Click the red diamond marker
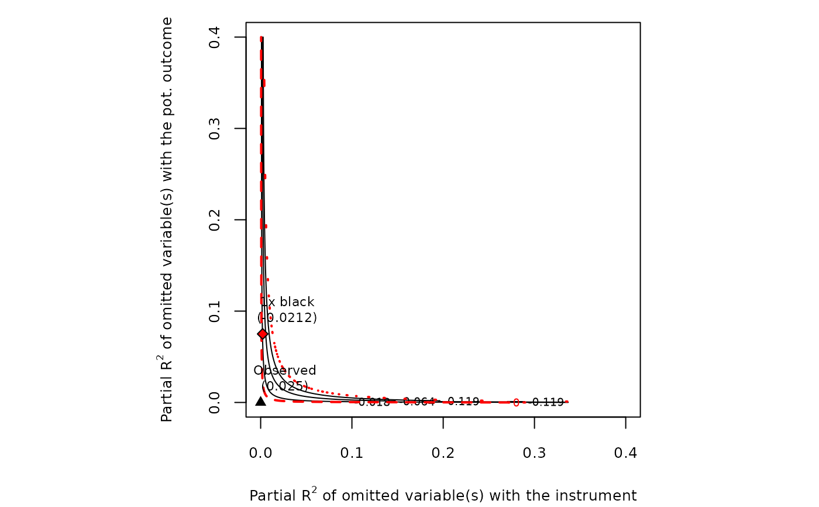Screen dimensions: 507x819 pyautogui.click(x=263, y=334)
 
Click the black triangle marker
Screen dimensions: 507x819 pyautogui.click(x=261, y=401)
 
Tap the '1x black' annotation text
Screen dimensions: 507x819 pyautogui.click(x=288, y=302)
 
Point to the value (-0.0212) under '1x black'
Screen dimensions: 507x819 pyautogui.click(x=288, y=318)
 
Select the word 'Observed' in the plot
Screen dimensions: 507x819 pyautogui.click(x=285, y=371)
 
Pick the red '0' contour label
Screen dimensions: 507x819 pyautogui.click(x=516, y=402)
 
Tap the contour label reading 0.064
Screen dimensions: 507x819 pyautogui.click(x=419, y=402)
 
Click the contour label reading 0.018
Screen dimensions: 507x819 pyautogui.click(x=374, y=402)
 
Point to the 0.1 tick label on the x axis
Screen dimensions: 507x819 pyautogui.click(x=352, y=453)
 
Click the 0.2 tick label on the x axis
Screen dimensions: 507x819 pyautogui.click(x=443, y=453)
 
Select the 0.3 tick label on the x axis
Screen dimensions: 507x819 pyautogui.click(x=535, y=453)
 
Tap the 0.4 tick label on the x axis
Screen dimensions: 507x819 pyautogui.click(x=626, y=453)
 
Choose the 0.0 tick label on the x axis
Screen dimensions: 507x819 pyautogui.click(x=261, y=453)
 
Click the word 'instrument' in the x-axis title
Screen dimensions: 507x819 pyautogui.click(x=601, y=496)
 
